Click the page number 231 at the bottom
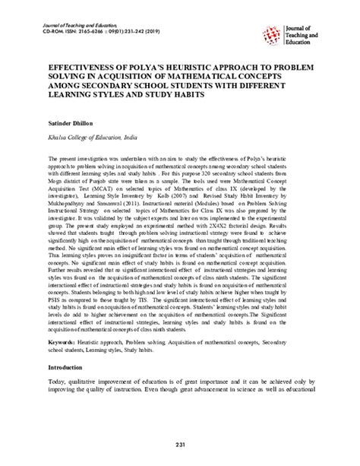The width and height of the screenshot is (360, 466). coord(180,445)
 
